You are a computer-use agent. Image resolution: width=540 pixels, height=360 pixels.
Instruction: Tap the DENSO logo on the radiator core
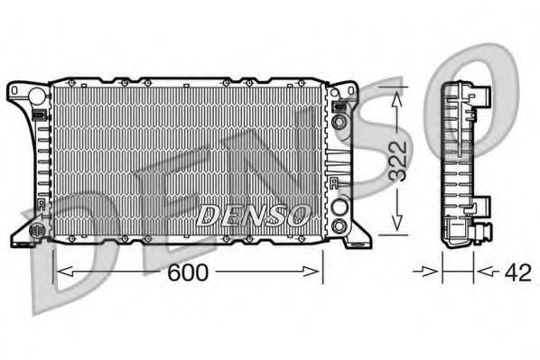[x=253, y=215]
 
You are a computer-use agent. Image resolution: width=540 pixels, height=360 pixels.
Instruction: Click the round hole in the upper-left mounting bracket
[x=36, y=95]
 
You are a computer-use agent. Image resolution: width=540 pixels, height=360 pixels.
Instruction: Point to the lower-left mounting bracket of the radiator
[x=34, y=227]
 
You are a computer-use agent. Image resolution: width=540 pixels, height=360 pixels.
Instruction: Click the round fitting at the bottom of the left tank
[x=38, y=229]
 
